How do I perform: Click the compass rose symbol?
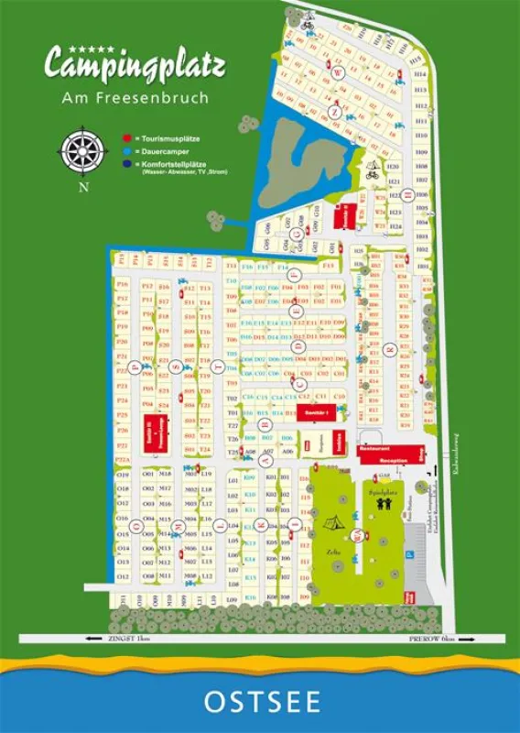pos(83,148)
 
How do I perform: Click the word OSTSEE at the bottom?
pos(261,703)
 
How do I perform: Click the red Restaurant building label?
pos(374,450)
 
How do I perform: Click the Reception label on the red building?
pos(396,462)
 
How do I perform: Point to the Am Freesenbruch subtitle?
pos(135,96)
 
